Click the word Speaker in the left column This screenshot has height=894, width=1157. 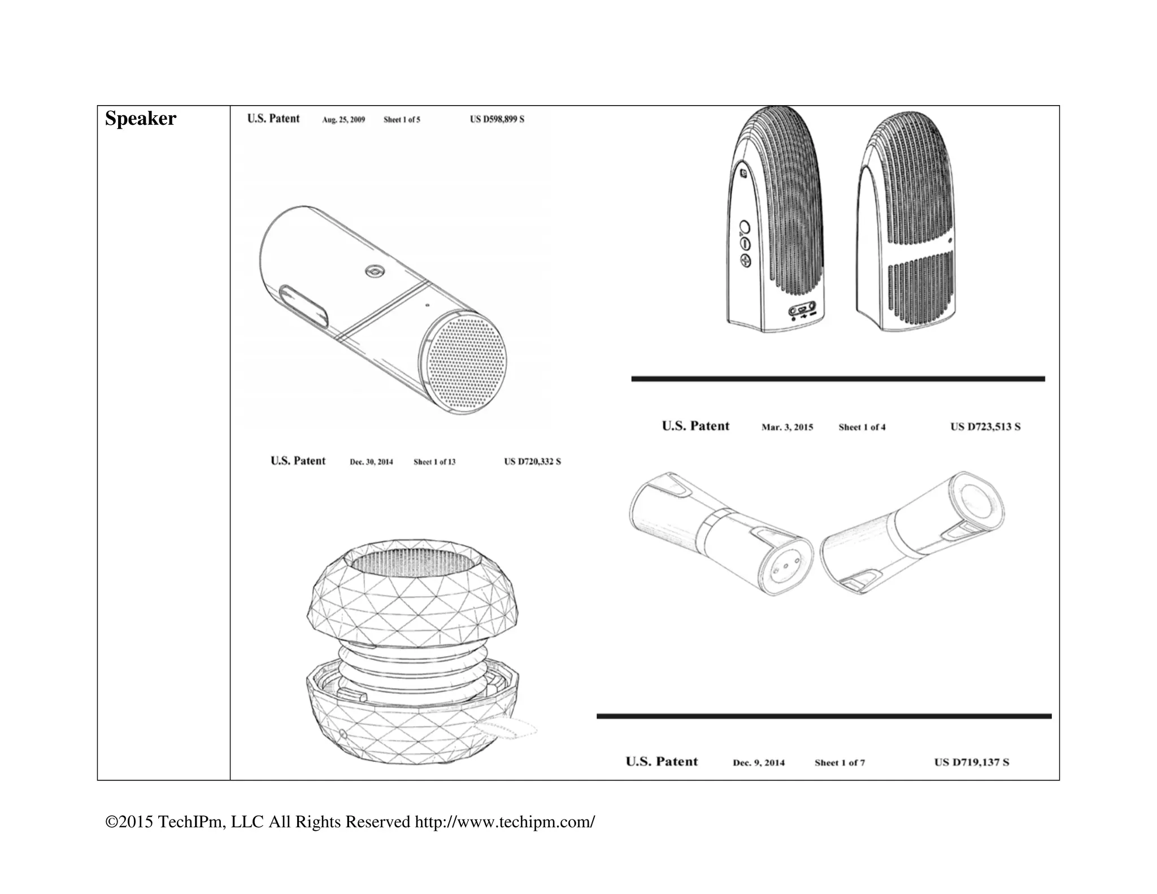click(140, 119)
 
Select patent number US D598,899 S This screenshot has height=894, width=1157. click(497, 119)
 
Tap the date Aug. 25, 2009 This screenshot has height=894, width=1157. click(343, 120)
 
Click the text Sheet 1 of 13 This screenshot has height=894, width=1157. click(434, 462)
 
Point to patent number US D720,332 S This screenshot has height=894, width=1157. click(532, 462)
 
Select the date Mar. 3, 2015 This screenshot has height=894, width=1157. click(787, 427)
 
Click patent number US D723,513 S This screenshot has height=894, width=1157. click(985, 427)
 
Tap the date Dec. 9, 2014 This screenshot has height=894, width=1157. click(758, 762)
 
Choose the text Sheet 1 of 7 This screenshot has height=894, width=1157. click(840, 762)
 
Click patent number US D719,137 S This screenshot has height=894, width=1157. click(971, 762)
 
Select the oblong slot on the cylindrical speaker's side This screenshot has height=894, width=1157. click(304, 306)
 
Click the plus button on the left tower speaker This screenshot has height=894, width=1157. click(746, 261)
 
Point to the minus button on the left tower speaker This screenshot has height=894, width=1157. click(744, 244)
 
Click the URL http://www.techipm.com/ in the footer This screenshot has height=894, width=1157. click(504, 822)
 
